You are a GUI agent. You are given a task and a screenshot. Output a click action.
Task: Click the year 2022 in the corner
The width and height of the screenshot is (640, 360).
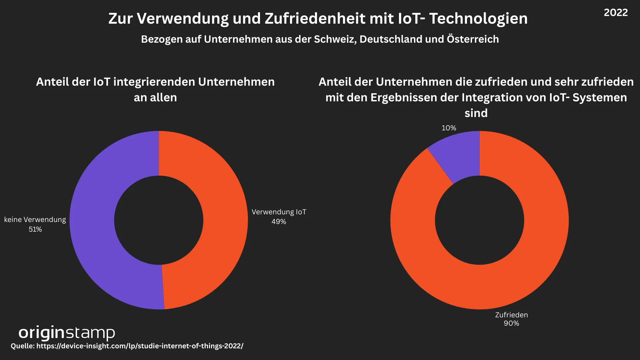616,13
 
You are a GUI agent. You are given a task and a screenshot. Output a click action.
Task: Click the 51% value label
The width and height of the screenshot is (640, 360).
35,229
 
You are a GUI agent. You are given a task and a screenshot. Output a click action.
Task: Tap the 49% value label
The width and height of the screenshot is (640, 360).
279,222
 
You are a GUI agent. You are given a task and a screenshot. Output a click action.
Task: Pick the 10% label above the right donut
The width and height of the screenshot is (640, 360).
449,128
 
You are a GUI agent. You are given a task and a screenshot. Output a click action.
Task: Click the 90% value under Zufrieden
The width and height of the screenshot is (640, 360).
511,323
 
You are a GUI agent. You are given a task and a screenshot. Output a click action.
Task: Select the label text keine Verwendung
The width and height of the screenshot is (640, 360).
35,220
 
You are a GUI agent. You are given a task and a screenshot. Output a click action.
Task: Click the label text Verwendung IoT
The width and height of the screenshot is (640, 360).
279,212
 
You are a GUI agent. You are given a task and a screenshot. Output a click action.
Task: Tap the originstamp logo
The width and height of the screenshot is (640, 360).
67,333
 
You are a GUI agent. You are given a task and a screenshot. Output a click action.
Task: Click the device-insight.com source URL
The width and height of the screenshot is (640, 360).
140,346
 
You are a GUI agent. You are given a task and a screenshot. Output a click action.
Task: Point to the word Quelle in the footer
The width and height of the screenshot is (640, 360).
22,346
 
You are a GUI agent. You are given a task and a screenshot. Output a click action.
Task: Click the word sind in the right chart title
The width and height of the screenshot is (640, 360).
476,113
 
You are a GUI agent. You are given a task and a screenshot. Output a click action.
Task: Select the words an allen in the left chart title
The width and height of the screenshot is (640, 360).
155,97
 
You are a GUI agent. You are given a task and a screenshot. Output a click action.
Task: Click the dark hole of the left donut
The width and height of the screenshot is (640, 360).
159,220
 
